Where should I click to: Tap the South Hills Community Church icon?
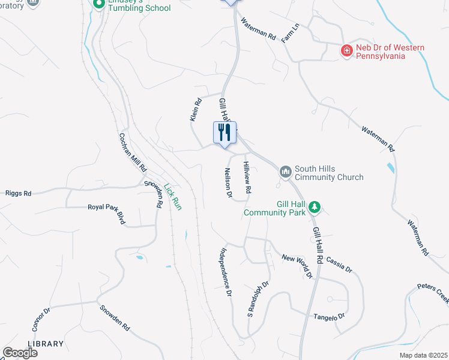point(286,172)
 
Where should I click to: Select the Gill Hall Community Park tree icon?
point(314,208)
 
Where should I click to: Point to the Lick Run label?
point(173,196)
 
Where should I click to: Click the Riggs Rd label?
point(18,194)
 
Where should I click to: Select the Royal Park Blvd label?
point(106,214)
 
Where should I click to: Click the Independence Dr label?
point(226,273)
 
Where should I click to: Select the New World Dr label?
point(298,266)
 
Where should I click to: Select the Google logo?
point(20,353)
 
